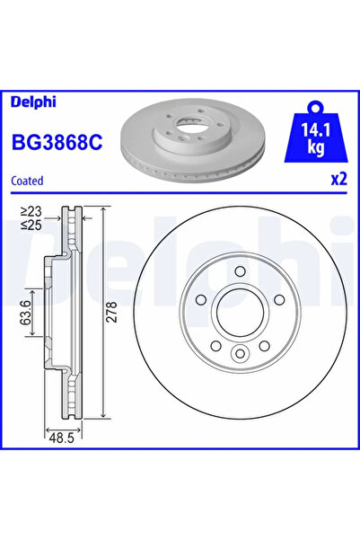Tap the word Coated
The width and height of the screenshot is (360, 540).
[28, 181]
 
